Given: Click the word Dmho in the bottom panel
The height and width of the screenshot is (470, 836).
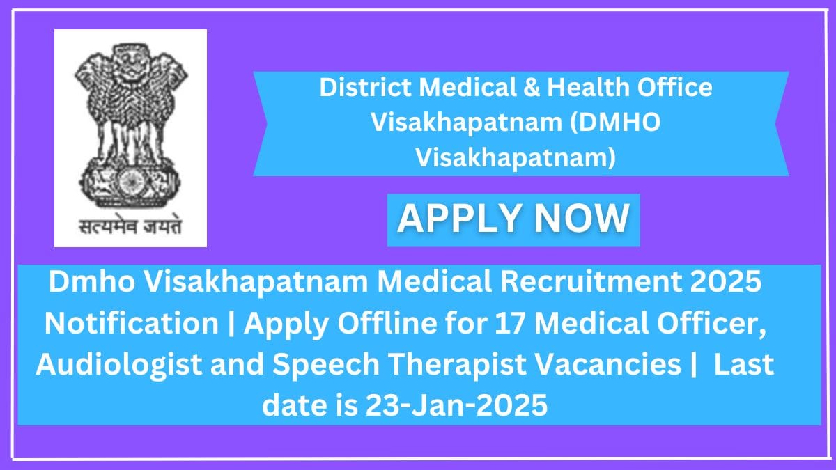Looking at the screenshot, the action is (x=92, y=282).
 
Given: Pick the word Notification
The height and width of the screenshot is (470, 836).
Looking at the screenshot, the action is (x=132, y=323).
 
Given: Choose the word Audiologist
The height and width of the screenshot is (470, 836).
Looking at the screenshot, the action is (x=119, y=364).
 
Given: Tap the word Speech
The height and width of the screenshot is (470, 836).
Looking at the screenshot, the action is (x=326, y=364).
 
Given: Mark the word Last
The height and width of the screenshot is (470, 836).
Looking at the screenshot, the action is (x=744, y=364).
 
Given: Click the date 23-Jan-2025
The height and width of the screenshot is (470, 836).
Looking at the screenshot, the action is (x=456, y=405).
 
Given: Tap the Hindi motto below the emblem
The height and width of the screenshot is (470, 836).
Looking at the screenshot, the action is (x=131, y=226).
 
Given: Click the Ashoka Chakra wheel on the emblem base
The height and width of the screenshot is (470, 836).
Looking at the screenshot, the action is (x=131, y=183).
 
